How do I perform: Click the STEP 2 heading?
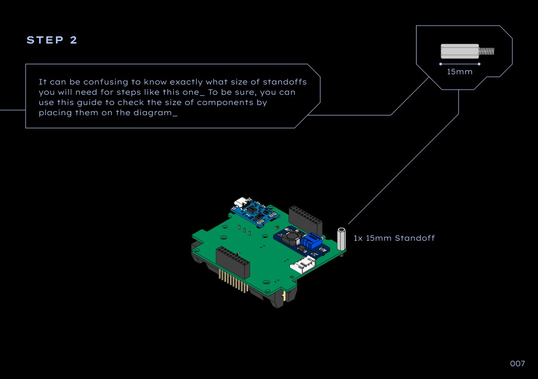click(52, 40)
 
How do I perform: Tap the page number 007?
click(518, 364)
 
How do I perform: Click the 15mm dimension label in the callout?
click(460, 72)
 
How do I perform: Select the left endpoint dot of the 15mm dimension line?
click(441, 64)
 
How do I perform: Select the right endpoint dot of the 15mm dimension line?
click(479, 64)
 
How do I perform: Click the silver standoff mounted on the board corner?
click(341, 238)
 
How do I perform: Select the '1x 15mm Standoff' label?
click(394, 238)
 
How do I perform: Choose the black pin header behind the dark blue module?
click(305, 218)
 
